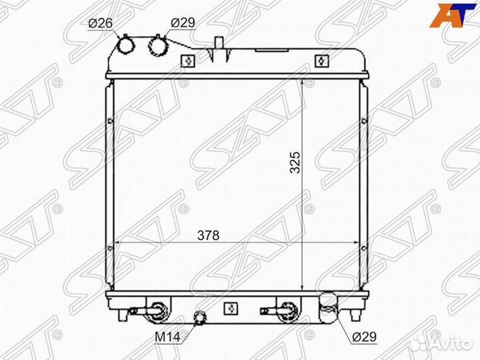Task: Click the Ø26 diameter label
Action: pyautogui.click(x=101, y=23)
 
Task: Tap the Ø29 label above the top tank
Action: pyautogui.click(x=183, y=23)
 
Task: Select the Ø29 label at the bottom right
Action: pyautogui.click(x=364, y=337)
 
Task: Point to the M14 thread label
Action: pyautogui.click(x=167, y=337)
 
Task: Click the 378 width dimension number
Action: pyautogui.click(x=209, y=235)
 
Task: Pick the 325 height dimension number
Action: pyautogui.click(x=295, y=162)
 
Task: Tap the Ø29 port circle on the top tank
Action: pyautogui.click(x=158, y=46)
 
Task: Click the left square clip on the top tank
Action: pyautogui.click(x=187, y=61)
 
